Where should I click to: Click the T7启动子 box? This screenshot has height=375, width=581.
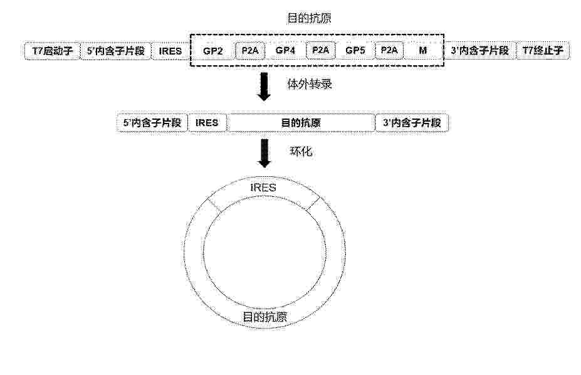pos(52,51)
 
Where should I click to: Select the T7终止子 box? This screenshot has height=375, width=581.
pos(543,51)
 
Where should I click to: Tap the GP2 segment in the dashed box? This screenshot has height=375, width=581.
pos(212,51)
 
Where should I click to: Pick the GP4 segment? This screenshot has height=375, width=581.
pos(285,50)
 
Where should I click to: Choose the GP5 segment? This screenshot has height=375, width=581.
pos(355,50)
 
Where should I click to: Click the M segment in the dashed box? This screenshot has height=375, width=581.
pos(423,50)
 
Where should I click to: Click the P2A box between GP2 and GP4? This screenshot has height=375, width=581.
pos(250,50)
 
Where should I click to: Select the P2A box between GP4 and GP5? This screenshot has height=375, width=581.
pos(320,50)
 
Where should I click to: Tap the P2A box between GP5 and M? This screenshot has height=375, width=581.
pos(389,50)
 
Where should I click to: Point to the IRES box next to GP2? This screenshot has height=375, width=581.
pos(170,51)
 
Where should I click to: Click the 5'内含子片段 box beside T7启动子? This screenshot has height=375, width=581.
pos(115,51)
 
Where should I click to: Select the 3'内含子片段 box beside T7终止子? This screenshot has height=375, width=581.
pos(480,51)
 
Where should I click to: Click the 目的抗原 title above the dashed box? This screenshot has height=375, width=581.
pos(309,18)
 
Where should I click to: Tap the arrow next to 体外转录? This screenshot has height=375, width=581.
pos(264,87)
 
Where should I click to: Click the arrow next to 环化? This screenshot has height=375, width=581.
pos(264,153)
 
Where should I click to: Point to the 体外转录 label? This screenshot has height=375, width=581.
pos(310,84)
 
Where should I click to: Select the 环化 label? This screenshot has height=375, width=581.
pos(301,151)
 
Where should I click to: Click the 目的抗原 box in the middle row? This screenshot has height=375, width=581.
pos(300,123)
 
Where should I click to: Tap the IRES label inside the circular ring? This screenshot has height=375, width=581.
pos(263,187)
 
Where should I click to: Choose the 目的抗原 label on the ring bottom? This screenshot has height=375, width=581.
pos(264,317)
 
